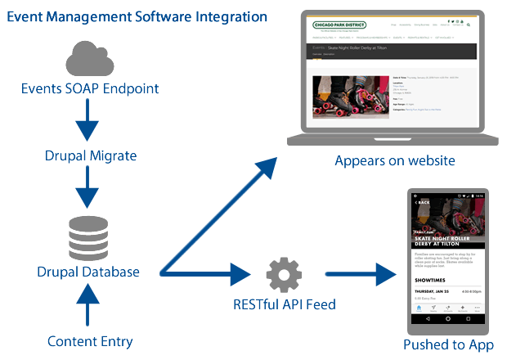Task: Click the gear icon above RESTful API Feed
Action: point(283,274)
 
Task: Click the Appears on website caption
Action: point(394,160)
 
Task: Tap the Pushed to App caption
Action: point(448,344)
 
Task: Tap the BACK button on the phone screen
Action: point(423,202)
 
